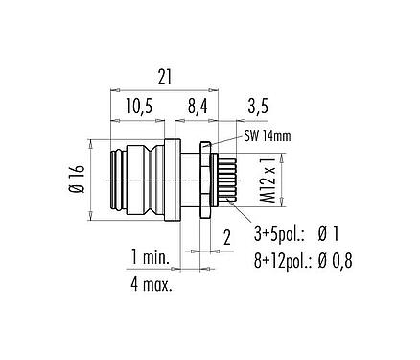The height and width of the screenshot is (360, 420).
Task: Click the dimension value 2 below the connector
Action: [x=225, y=236]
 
